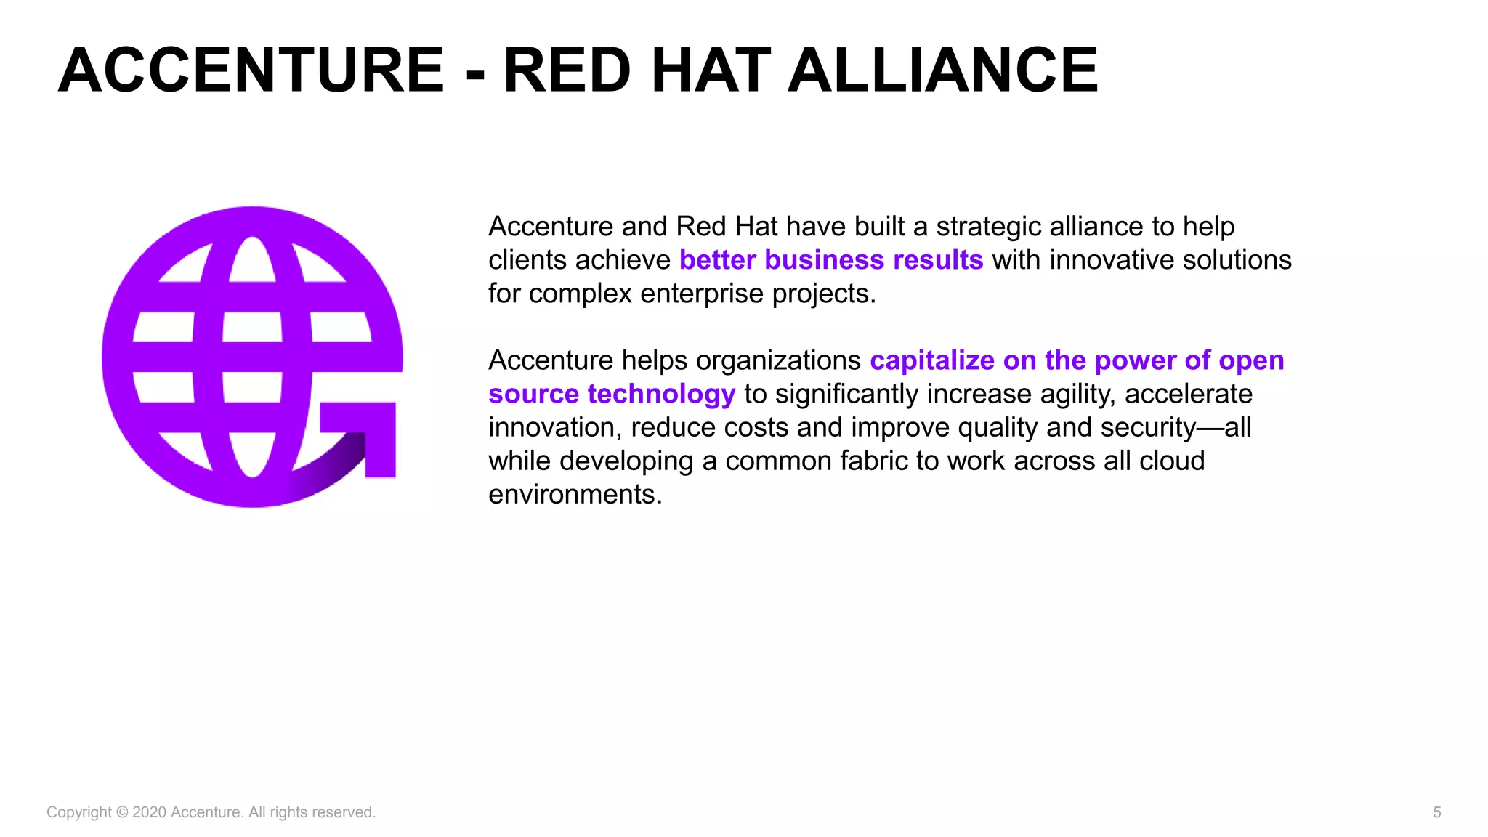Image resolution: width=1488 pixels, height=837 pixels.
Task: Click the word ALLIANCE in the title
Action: pyautogui.click(x=943, y=70)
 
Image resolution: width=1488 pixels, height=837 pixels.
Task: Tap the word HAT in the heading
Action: pyautogui.click(x=711, y=70)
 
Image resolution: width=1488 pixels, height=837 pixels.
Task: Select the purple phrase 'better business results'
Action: pyautogui.click(x=831, y=260)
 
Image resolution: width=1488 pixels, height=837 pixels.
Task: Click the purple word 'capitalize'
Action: pyautogui.click(x=932, y=360)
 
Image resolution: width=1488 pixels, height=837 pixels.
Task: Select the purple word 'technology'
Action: pyautogui.click(x=661, y=394)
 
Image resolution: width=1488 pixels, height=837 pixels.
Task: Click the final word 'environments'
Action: pyautogui.click(x=574, y=494)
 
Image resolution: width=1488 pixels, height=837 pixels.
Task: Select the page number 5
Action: pyautogui.click(x=1436, y=812)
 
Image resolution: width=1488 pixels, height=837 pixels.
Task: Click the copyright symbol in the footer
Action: pyautogui.click(x=122, y=812)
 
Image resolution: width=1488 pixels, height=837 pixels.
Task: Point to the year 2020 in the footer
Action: pyautogui.click(x=149, y=812)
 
